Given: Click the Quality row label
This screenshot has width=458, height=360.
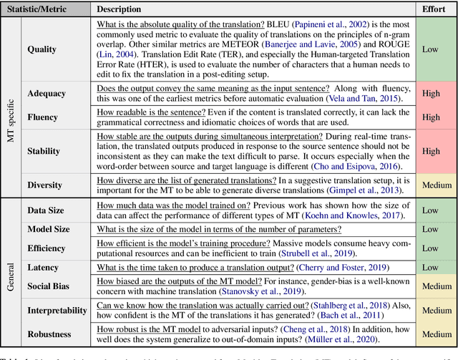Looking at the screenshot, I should [42, 49].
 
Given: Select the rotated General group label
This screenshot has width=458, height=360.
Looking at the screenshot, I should [11, 272].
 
